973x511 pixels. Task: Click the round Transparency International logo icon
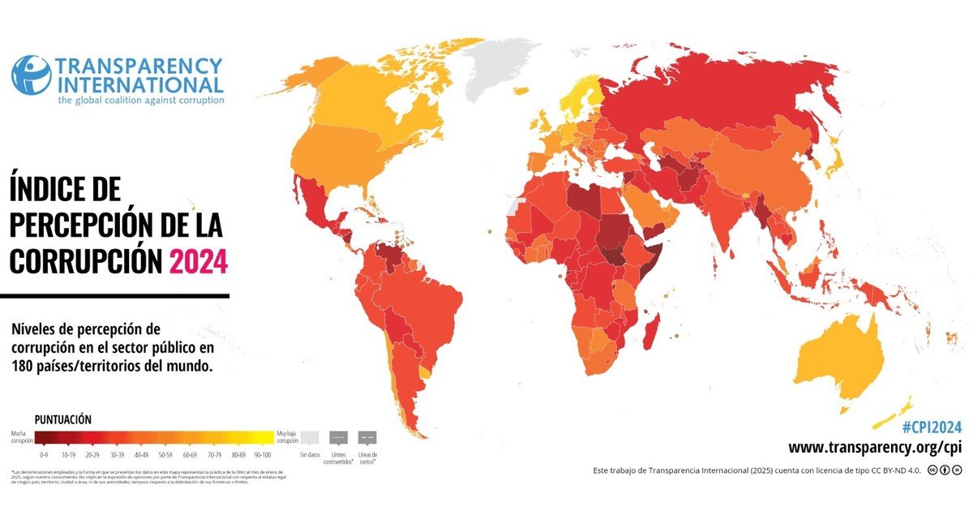click(x=31, y=75)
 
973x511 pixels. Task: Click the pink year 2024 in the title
click(x=198, y=260)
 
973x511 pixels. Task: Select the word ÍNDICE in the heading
click(x=65, y=190)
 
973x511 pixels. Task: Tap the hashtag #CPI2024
click(x=932, y=427)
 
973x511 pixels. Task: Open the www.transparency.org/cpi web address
click(x=875, y=448)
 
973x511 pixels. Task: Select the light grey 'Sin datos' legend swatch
click(x=310, y=436)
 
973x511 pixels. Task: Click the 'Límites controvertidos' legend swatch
click(x=339, y=436)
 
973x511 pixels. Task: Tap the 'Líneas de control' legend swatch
click(x=366, y=436)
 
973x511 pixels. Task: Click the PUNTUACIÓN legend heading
click(x=62, y=419)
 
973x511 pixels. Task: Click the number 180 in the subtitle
click(x=26, y=366)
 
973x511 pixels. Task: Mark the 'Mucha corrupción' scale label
click(x=22, y=437)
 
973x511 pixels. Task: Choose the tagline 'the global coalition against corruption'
click(x=140, y=101)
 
